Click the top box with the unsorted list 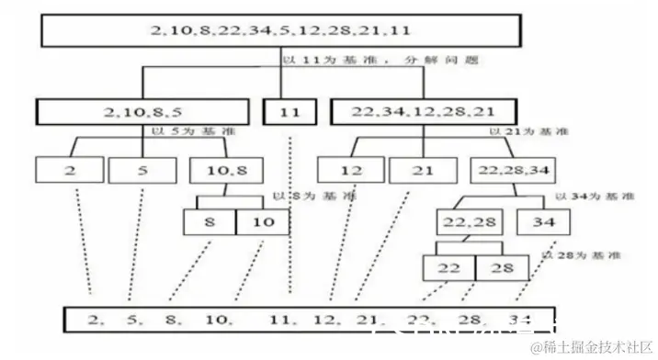pos(280,30)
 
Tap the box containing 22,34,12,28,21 pos(422,112)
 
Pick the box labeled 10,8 pos(220,170)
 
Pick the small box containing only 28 pos(503,266)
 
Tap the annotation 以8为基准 pos(301,196)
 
